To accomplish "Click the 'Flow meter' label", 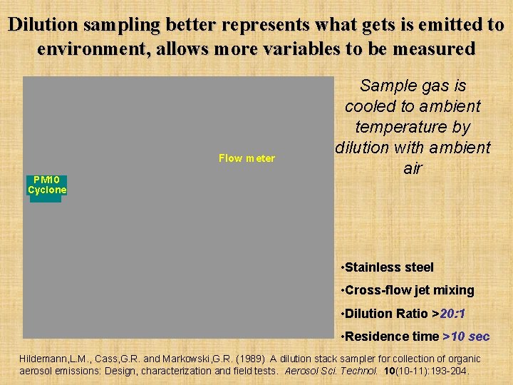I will [247, 158].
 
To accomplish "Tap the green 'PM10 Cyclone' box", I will [47, 185].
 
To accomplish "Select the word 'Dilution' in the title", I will [43, 25].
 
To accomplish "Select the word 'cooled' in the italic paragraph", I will [368, 106].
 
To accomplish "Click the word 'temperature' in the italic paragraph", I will [413, 127].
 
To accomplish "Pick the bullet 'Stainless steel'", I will [389, 267].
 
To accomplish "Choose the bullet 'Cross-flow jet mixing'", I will [409, 290].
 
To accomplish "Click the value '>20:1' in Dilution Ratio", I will [452, 313].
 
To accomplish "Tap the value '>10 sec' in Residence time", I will [466, 336].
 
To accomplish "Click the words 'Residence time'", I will [392, 336].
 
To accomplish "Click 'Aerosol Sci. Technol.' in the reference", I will [333, 371].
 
